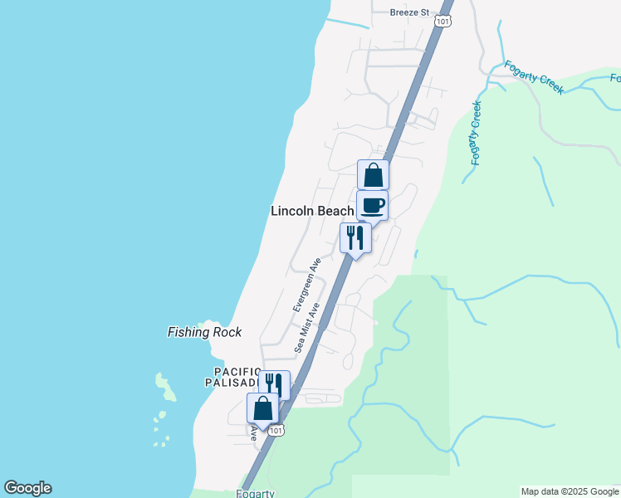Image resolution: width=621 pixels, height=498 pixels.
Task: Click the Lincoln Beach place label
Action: (x=312, y=211)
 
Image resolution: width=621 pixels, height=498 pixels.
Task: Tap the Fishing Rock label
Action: (x=204, y=332)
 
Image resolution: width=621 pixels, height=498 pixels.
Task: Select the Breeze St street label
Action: (x=409, y=12)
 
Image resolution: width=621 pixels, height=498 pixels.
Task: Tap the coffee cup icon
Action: (x=372, y=206)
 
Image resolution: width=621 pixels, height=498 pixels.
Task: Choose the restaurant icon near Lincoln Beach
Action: (x=355, y=239)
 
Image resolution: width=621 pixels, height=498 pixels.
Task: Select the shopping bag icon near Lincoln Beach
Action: (x=373, y=175)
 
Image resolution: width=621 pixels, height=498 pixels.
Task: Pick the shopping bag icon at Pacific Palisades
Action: (x=263, y=409)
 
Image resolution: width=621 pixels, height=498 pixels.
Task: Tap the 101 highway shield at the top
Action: (x=443, y=20)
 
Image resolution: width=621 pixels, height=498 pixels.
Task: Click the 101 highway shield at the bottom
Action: (x=277, y=429)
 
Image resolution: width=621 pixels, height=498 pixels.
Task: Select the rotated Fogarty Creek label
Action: (x=476, y=133)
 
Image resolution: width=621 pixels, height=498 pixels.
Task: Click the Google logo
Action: (x=27, y=488)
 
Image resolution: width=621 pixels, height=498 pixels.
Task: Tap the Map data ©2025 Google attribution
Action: (x=570, y=491)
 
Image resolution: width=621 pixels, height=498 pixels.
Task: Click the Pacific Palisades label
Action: (x=233, y=377)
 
